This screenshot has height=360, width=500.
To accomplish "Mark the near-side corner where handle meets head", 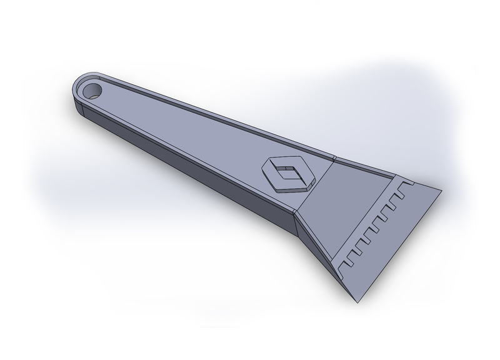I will [x=295, y=213].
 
